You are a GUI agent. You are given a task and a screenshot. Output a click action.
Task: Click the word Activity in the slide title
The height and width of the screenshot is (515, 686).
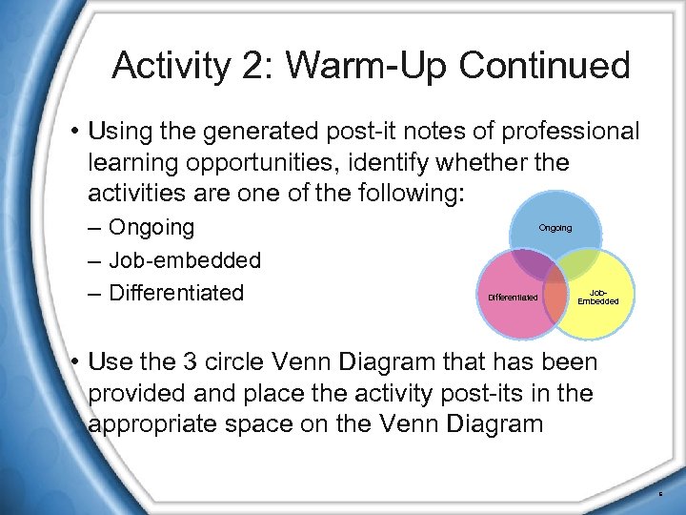coord(168,66)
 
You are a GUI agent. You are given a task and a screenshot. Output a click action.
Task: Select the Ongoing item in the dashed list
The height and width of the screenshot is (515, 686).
coord(151,228)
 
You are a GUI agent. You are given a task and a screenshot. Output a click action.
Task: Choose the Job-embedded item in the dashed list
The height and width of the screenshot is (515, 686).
coord(185,260)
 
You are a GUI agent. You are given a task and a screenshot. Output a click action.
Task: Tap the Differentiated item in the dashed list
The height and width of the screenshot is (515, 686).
coord(176,293)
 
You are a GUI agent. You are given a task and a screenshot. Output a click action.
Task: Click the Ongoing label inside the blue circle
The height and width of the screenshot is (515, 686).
coord(555,228)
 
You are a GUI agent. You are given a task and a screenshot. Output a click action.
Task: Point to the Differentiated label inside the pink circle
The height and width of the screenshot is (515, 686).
coord(513,298)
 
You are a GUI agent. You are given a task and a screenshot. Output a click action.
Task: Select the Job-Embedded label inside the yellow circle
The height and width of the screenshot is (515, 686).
coord(598,297)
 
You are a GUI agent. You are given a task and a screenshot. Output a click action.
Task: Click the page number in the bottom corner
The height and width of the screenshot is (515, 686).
coord(661,494)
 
